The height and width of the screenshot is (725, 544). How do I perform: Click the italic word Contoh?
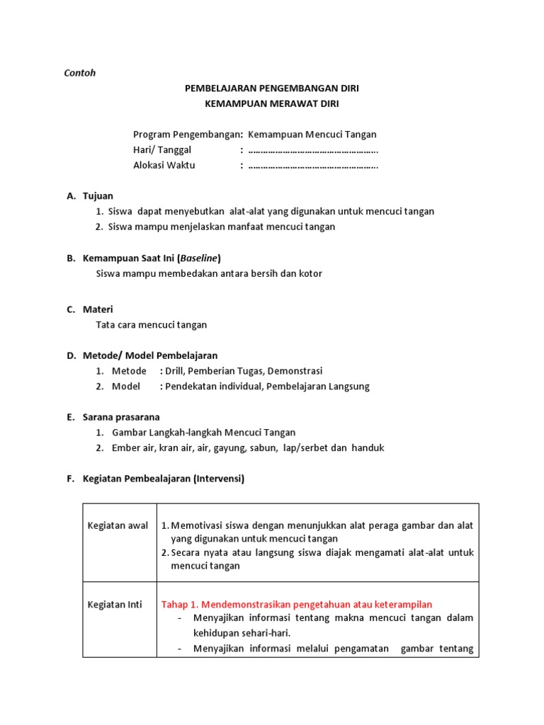[x=80, y=73]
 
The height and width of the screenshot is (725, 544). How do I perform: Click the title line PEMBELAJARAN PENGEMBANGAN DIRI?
[x=271, y=89]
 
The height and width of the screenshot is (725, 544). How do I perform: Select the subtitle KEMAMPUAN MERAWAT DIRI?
[x=271, y=104]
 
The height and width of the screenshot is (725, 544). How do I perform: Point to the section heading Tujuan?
[x=98, y=195]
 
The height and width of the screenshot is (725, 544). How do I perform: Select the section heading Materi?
[x=98, y=309]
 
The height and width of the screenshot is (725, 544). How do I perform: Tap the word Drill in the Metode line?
[x=174, y=371]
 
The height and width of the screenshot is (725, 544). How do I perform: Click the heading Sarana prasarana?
[x=121, y=417]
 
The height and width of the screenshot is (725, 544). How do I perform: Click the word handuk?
[x=368, y=448]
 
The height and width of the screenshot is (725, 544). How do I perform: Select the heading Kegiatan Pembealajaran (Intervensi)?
[x=163, y=479]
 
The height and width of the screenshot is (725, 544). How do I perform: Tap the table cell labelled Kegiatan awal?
[x=118, y=525]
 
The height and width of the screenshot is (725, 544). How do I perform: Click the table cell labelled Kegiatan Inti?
[x=115, y=604]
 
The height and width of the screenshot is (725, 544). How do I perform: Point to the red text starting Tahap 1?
[x=297, y=604]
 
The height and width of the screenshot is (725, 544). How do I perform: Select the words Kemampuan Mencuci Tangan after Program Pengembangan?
[x=312, y=135]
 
